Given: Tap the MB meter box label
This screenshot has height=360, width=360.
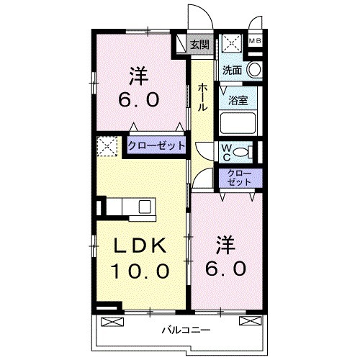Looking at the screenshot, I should click(x=254, y=41).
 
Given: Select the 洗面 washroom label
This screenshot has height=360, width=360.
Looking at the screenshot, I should click(x=231, y=71).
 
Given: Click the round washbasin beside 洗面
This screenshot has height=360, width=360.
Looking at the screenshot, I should click(x=253, y=71).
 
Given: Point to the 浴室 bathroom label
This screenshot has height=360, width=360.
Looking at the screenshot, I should click(x=238, y=100).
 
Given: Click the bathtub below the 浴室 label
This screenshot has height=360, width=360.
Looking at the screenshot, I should click(x=238, y=122).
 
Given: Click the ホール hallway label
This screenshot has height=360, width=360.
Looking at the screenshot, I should click(x=203, y=96).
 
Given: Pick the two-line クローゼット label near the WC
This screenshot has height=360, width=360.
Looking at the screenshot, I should click(x=239, y=176).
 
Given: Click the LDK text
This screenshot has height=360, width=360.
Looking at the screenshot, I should click(x=141, y=246).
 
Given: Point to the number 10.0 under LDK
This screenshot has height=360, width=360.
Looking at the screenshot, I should click(x=140, y=271).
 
